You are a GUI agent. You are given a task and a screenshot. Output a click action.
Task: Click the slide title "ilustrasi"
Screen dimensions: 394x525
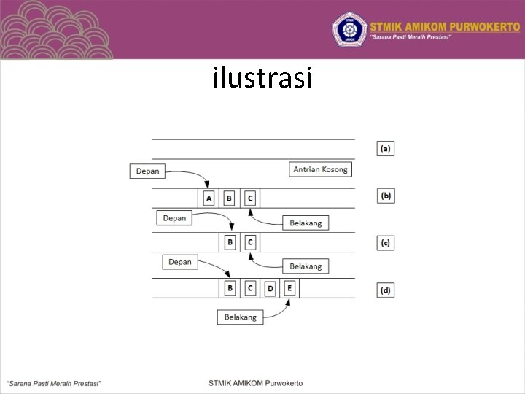262,77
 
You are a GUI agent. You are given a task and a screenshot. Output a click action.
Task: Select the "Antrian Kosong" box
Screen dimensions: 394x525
321,169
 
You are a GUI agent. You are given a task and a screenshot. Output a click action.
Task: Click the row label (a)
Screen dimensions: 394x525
385,148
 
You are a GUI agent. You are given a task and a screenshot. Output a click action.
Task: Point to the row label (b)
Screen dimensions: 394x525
385,196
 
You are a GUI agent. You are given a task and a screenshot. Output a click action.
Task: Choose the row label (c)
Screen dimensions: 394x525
385,242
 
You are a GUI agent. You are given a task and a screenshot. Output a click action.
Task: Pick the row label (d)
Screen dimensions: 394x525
385,290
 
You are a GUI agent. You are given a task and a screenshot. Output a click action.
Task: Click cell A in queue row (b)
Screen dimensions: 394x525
209,198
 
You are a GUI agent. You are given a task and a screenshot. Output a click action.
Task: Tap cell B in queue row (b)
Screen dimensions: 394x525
229,198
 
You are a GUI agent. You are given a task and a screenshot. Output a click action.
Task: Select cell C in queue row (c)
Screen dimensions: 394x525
250,242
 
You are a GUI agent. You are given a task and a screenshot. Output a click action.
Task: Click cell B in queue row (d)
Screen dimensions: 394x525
230,288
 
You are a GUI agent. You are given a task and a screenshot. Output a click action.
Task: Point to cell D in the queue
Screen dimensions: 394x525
270,289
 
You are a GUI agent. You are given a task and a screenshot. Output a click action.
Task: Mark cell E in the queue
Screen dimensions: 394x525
289,288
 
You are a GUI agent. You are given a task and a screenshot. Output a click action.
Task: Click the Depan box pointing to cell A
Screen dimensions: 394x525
148,171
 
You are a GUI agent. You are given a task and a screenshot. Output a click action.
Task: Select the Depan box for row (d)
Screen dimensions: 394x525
179,262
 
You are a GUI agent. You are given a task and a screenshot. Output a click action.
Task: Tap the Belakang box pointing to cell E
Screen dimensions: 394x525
240,317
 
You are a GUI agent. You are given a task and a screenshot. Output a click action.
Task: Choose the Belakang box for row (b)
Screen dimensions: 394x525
306,223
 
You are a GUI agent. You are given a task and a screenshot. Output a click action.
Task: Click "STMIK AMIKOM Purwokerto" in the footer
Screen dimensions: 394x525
255,382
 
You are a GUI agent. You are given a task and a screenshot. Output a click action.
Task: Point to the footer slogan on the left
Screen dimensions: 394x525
54,382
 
